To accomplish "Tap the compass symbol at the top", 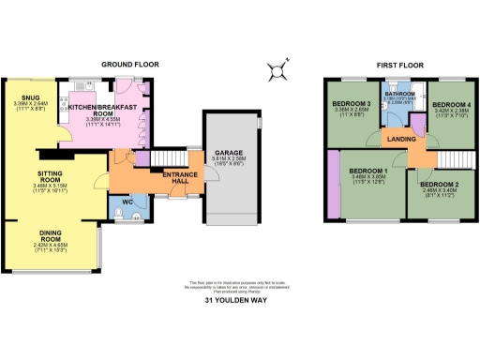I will tap(276, 68).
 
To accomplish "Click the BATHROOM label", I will tap(403, 94).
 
